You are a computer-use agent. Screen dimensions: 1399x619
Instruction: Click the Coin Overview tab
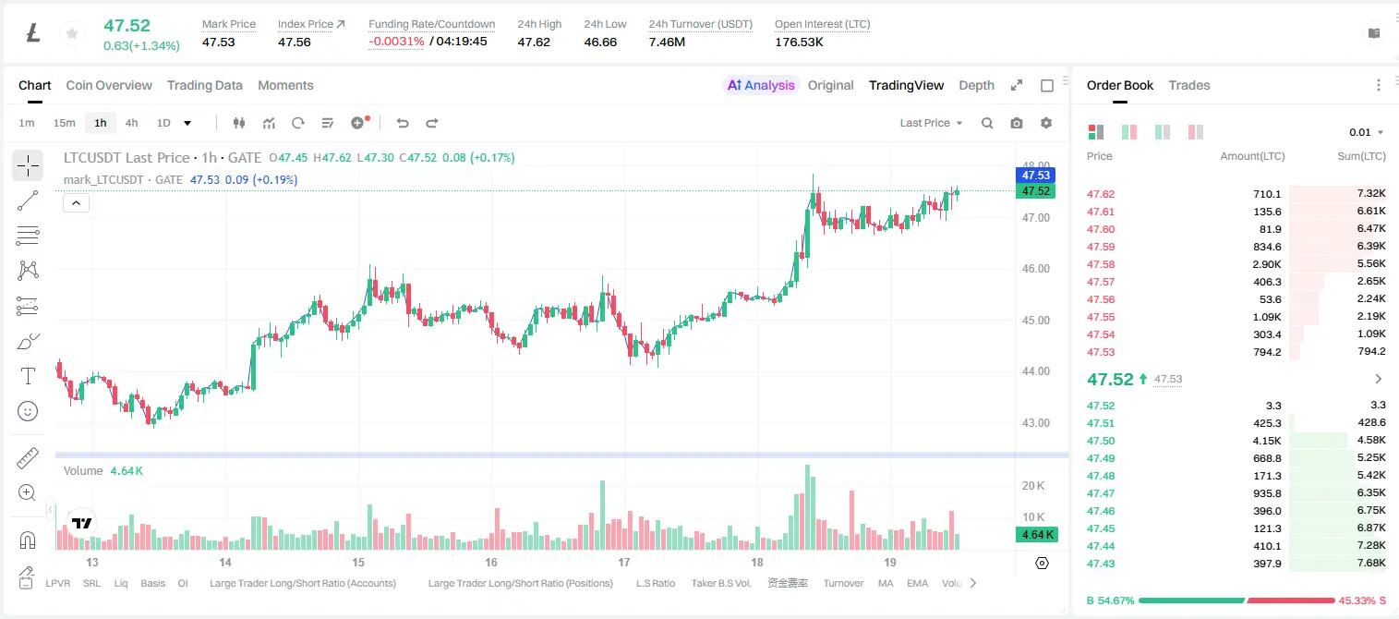point(109,85)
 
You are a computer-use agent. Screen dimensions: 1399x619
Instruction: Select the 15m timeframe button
point(64,123)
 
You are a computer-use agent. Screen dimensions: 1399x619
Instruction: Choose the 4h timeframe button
point(131,123)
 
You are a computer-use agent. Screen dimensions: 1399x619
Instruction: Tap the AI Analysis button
point(761,85)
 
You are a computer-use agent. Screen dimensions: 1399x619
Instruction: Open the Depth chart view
point(976,85)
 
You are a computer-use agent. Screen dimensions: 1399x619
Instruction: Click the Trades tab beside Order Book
point(1189,85)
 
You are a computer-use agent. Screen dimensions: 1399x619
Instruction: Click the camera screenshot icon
point(1016,123)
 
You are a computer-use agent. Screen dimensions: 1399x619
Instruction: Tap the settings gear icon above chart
point(1046,123)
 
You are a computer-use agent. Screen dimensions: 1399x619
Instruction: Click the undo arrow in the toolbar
point(403,123)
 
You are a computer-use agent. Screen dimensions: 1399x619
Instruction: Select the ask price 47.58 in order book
point(1101,264)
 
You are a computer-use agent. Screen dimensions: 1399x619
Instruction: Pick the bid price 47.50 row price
point(1101,441)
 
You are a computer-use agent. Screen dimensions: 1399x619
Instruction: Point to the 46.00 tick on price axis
point(1035,269)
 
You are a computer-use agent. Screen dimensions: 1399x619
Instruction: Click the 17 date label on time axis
point(624,562)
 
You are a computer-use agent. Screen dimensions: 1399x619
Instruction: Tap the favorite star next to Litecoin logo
point(72,33)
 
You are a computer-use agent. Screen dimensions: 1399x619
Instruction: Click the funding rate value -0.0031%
point(396,42)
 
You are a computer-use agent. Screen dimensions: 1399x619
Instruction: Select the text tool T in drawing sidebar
point(28,376)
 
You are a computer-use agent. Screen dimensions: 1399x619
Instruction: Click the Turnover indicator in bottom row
point(843,583)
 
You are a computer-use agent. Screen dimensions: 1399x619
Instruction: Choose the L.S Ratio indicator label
point(655,583)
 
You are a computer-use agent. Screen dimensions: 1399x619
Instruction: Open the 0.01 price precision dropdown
point(1366,132)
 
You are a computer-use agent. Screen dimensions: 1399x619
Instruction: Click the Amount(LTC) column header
point(1252,156)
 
